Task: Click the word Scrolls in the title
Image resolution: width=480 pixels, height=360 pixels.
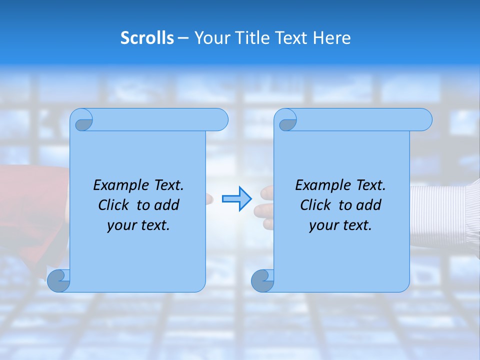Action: [147, 38]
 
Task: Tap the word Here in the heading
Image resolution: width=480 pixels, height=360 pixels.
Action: [331, 38]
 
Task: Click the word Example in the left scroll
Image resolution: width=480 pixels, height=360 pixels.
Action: [119, 185]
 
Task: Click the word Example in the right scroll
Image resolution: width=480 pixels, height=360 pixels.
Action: [321, 185]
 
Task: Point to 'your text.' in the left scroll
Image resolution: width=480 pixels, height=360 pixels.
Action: [138, 225]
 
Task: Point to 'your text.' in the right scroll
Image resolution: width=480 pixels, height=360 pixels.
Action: [340, 225]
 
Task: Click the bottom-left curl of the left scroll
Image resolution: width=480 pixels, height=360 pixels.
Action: [58, 280]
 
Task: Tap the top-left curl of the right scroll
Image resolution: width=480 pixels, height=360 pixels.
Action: [286, 120]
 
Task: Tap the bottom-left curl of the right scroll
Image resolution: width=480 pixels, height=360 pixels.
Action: [262, 280]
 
